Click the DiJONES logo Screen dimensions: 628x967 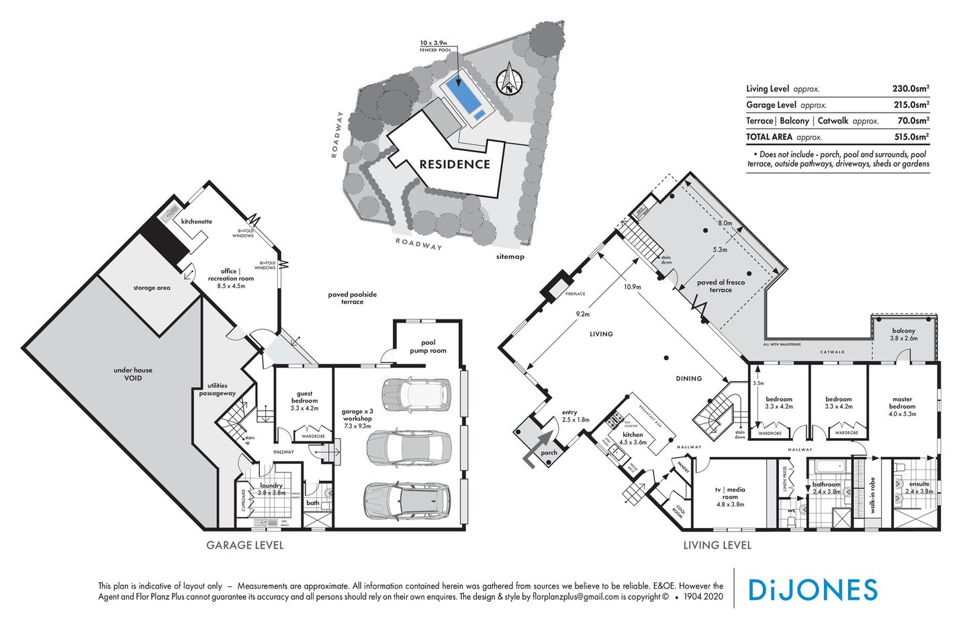[812, 590]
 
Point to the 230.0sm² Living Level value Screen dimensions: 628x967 [910, 89]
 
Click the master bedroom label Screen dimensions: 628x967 [902, 403]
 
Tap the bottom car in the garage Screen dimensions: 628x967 [406, 499]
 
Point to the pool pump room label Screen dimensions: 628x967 [428, 346]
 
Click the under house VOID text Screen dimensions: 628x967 [133, 374]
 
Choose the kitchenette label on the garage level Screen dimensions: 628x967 [197, 221]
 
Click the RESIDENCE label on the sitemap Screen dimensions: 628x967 [455, 164]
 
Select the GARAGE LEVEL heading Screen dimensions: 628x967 [244, 545]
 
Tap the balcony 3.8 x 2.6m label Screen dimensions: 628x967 [903, 334]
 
